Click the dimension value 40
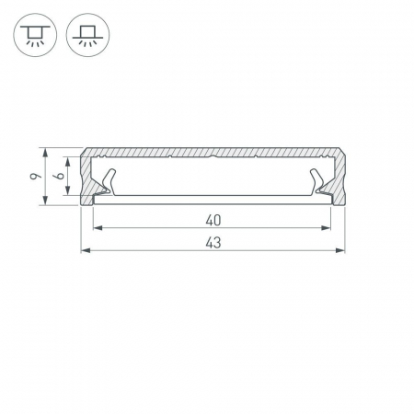point(213,221)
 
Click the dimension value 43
point(213,243)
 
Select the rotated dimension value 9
point(35,176)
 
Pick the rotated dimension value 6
point(59,176)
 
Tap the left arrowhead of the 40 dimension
point(98,228)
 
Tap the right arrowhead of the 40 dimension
point(326,228)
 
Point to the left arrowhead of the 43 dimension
point(86,250)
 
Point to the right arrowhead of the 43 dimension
point(340,250)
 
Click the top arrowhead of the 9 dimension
point(45,153)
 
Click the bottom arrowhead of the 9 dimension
point(45,201)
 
